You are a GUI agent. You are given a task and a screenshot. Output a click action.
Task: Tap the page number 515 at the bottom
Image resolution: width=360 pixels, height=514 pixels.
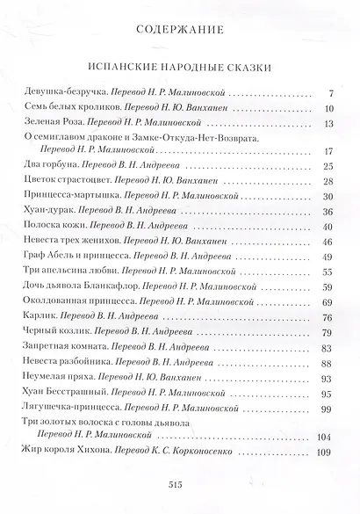pos(179,484)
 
